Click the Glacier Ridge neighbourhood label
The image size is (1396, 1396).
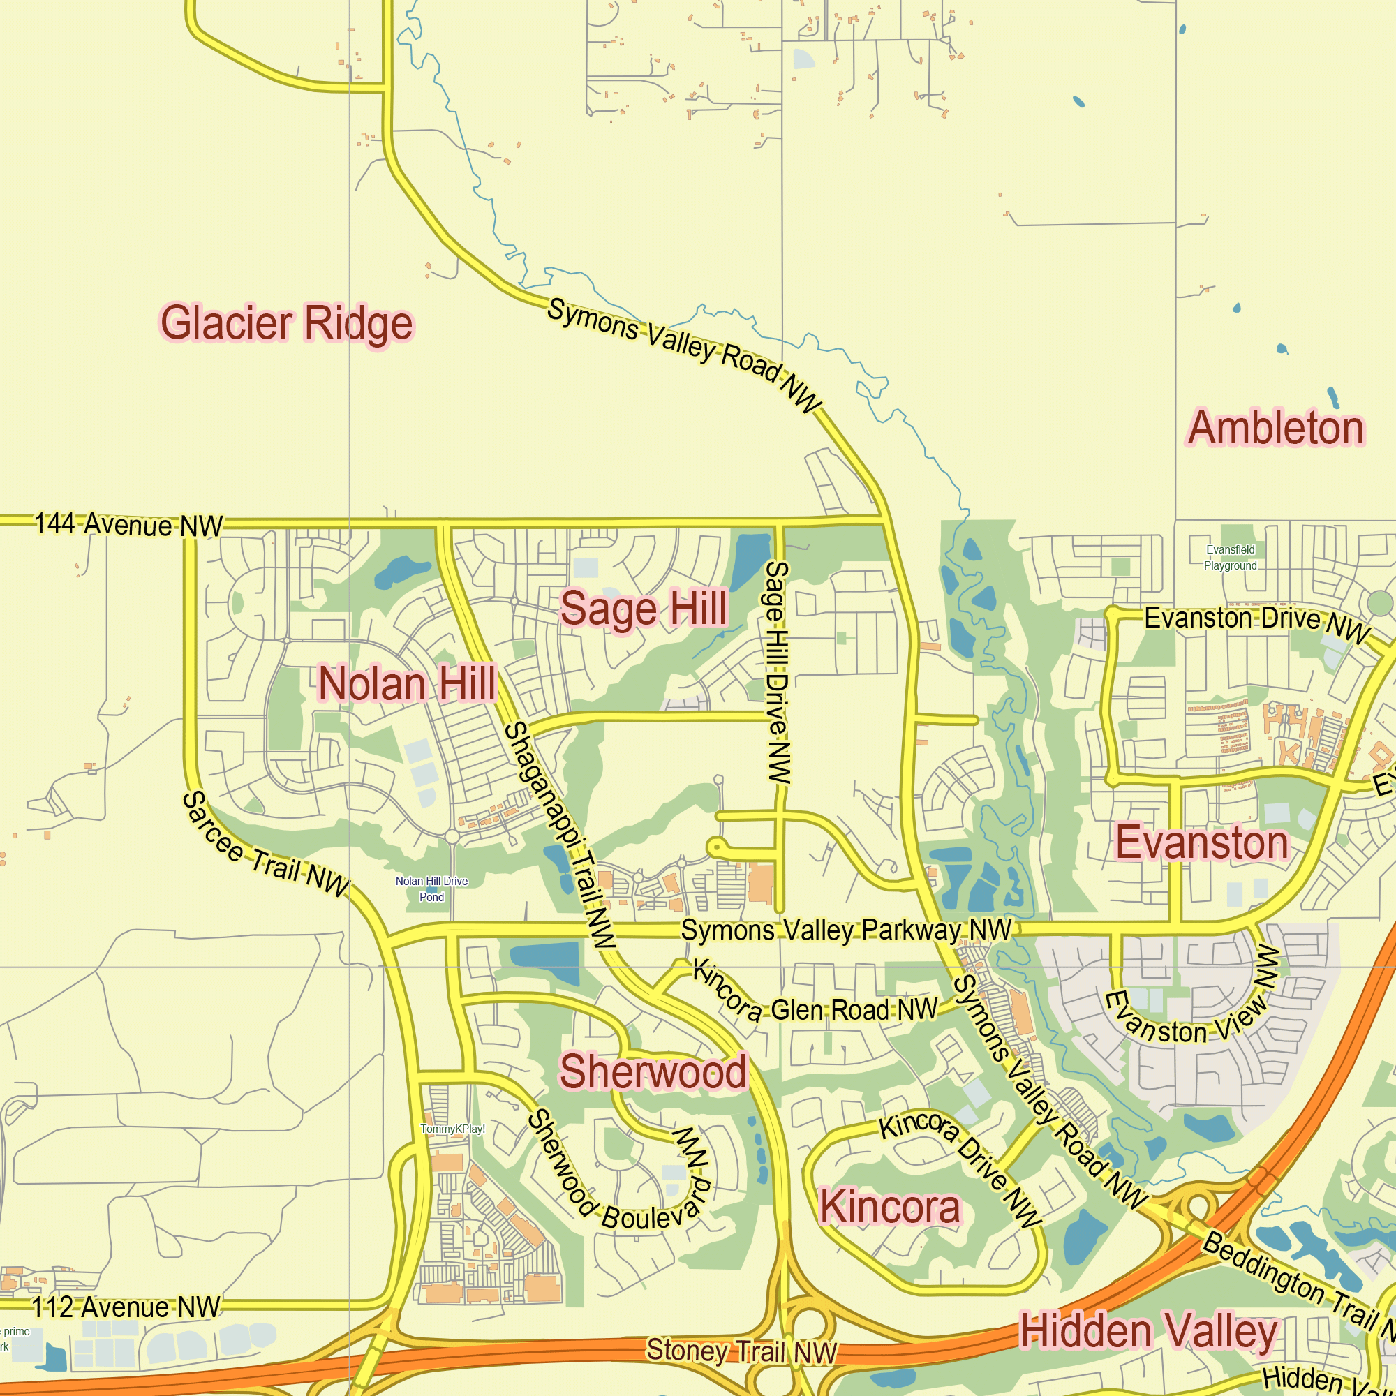(287, 323)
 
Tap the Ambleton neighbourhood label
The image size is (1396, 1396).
(1276, 428)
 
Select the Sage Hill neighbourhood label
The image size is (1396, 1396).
(644, 609)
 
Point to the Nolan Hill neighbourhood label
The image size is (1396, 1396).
(408, 683)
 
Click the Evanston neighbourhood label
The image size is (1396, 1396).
(1203, 843)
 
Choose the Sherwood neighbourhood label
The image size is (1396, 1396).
(653, 1071)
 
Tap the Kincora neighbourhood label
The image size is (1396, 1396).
(889, 1208)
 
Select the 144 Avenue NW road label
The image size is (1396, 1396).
(128, 525)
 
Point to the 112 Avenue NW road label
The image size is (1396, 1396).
(126, 1307)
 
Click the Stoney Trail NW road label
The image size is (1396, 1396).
(741, 1351)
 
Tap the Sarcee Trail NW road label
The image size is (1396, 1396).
(265, 845)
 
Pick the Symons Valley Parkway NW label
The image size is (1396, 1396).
(846, 930)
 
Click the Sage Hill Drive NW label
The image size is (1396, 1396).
(778, 672)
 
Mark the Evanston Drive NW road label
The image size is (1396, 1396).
(1257, 623)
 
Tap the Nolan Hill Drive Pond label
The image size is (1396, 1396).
(431, 889)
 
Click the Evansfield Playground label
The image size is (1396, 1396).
(1231, 558)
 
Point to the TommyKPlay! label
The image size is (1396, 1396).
(452, 1129)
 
